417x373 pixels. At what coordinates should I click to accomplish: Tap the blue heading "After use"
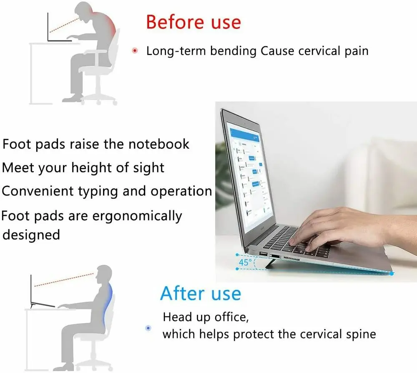click(201, 293)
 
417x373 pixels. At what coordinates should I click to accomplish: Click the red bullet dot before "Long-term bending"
click(135, 51)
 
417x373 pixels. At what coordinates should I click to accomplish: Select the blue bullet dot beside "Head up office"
click(148, 328)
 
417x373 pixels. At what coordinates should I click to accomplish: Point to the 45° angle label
click(245, 262)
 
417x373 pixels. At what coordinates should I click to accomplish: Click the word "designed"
click(31, 235)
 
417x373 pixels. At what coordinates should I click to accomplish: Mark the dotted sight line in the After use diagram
click(64, 279)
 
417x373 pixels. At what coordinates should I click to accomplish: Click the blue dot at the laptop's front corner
click(392, 273)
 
